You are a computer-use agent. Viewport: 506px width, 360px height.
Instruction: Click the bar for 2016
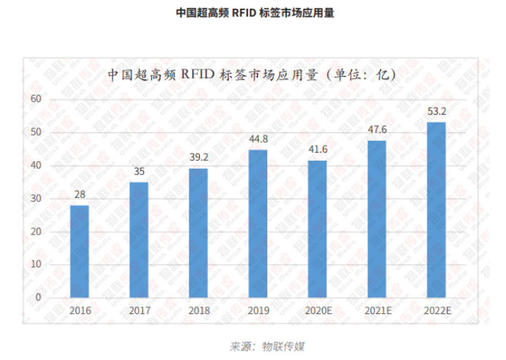tap(80, 251)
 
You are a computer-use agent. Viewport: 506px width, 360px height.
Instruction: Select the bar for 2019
tap(258, 223)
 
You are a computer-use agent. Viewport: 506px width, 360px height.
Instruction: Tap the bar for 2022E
tap(436, 210)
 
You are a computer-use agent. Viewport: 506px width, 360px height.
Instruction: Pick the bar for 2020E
tap(318, 229)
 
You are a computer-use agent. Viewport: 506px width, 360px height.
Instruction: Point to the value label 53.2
tap(436, 111)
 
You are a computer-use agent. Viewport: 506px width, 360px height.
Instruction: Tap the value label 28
tap(80, 194)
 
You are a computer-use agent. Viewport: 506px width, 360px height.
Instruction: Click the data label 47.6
tap(377, 130)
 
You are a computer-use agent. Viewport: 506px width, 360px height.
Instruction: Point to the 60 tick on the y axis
tap(38, 99)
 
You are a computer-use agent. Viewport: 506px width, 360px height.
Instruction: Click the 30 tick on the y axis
tap(38, 199)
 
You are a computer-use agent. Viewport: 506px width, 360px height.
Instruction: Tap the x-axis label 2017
tap(139, 310)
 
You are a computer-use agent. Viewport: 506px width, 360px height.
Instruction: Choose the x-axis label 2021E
tap(377, 310)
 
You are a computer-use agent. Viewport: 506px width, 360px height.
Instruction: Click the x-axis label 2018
tap(199, 310)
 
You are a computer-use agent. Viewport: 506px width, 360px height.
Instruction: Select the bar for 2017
tap(139, 240)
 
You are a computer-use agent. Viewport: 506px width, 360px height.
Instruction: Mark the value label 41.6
tap(318, 149)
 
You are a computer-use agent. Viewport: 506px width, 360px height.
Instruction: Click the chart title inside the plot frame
tap(251, 74)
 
